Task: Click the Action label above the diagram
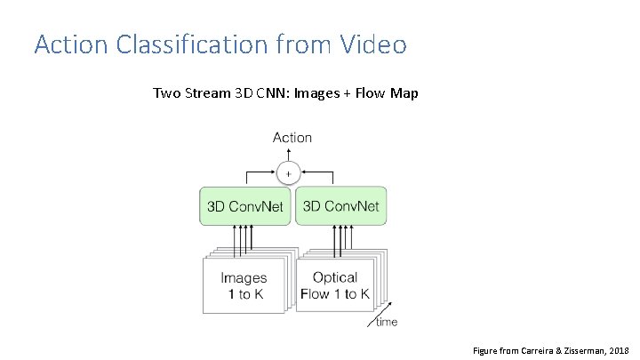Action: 292,137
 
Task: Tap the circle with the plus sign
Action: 288,172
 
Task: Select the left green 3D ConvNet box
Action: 244,206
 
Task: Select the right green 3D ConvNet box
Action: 340,206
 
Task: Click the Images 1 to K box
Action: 243,284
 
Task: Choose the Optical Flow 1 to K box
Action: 335,284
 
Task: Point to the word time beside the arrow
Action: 387,322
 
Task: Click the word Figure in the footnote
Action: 487,350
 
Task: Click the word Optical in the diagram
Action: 335,277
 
